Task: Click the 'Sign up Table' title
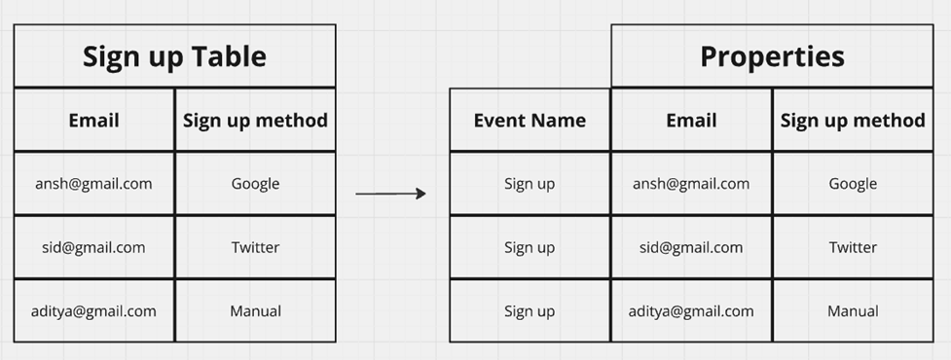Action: click(x=174, y=56)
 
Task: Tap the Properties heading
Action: click(x=772, y=56)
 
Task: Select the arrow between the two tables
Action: click(x=390, y=194)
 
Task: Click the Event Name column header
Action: click(x=530, y=121)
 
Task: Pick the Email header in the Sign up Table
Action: click(x=93, y=121)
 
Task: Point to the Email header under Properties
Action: click(x=691, y=121)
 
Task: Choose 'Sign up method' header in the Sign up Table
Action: click(x=255, y=121)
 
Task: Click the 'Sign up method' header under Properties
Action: click(x=853, y=121)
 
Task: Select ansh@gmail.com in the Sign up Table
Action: click(x=93, y=183)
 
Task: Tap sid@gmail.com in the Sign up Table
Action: click(x=93, y=247)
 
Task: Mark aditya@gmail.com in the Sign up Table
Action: click(x=93, y=311)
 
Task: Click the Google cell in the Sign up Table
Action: click(x=255, y=183)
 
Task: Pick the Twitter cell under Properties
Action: click(x=853, y=247)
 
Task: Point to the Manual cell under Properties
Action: click(x=853, y=311)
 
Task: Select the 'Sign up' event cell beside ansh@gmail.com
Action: click(x=530, y=183)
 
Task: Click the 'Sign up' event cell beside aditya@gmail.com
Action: click(x=530, y=311)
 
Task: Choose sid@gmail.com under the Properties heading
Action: click(x=691, y=247)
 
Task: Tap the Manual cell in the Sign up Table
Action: click(x=255, y=311)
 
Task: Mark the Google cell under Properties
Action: click(x=853, y=183)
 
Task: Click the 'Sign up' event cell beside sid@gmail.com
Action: click(x=530, y=247)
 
